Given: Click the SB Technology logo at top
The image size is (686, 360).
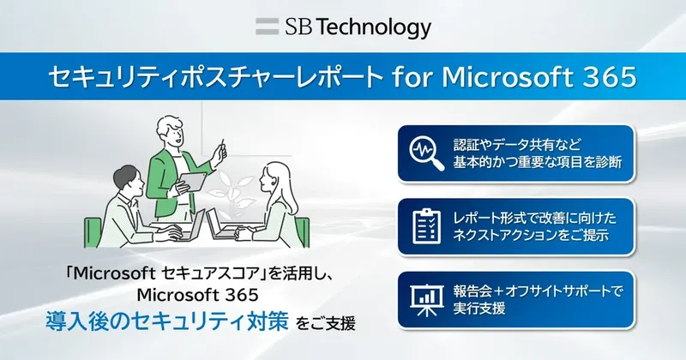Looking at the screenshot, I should pyautogui.click(x=343, y=27).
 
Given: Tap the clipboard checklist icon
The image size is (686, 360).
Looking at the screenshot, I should pyautogui.click(x=424, y=225).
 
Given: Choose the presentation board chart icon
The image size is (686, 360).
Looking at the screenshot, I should pyautogui.click(x=424, y=297).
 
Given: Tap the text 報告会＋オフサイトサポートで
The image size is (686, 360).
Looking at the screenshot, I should pyautogui.click(x=538, y=289).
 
